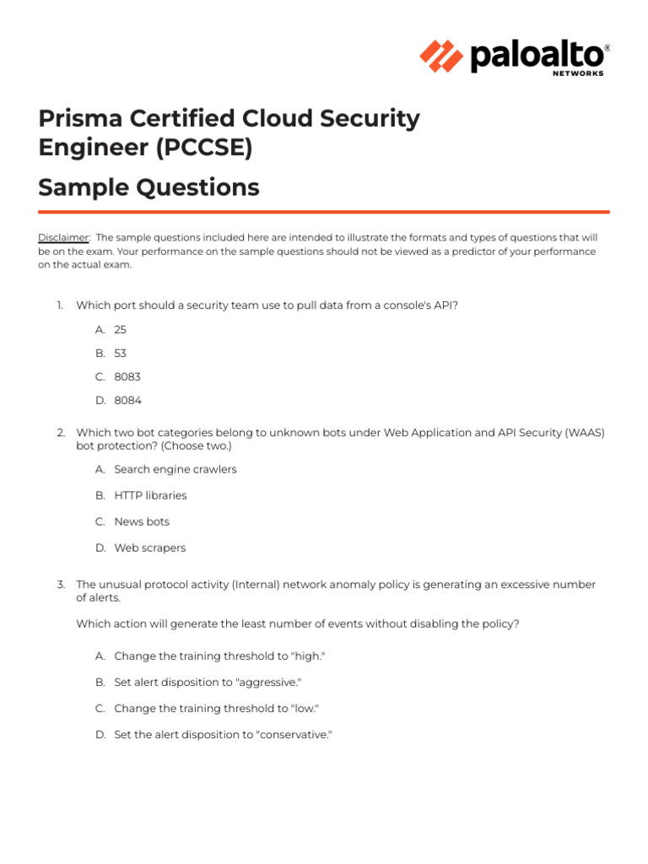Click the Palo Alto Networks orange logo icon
pos(441,57)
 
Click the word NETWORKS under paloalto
pos(578,73)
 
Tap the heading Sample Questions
pos(148,187)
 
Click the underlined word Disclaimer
pos(63,238)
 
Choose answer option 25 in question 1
pos(120,330)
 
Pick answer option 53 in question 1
pos(120,354)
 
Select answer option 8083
pos(127,377)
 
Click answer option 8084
pos(127,401)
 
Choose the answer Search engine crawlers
pos(175,469)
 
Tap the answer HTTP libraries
pos(150,495)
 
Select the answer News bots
pos(142,521)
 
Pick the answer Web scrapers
pos(149,548)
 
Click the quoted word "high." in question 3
pos(307,656)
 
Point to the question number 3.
pos(61,585)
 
